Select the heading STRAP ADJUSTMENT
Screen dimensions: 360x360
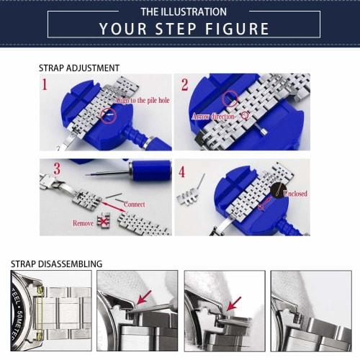coord(79,68)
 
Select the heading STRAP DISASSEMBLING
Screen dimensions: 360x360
coord(56,264)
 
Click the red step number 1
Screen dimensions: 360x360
coord(45,86)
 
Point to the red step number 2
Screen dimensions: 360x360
coord(184,86)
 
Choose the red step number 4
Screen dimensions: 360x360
coord(182,173)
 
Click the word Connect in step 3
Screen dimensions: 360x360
coord(134,204)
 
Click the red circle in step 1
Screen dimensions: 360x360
coord(107,113)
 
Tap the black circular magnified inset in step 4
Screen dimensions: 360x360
coord(278,190)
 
